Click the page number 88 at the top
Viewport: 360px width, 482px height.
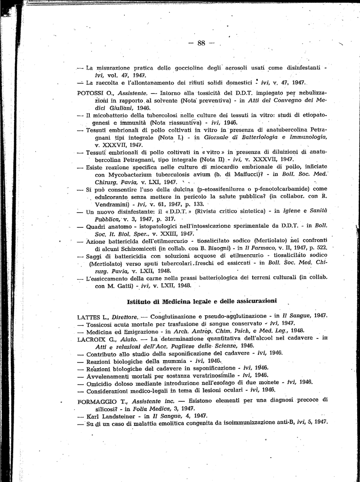[201, 43]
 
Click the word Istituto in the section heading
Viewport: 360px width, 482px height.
[140, 301]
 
